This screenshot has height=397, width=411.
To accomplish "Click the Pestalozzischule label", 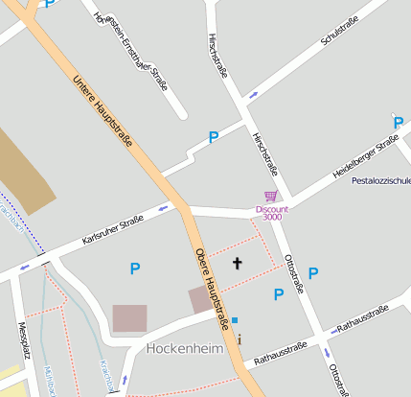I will click(x=381, y=180).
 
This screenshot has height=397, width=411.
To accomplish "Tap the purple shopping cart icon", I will click(x=272, y=197).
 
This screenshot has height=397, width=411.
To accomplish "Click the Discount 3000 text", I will click(x=272, y=213).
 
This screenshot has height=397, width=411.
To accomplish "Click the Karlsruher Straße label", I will click(x=113, y=228).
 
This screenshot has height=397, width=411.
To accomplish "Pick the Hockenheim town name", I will click(x=185, y=349).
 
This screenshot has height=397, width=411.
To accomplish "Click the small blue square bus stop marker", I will click(x=235, y=319).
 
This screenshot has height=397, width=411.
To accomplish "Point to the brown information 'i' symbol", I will click(x=240, y=339).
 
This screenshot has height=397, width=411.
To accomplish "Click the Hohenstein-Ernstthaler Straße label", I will click(x=132, y=53).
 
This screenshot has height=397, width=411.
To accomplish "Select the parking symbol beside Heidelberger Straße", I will click(x=398, y=122).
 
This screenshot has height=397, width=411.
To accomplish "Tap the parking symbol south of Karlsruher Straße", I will click(x=135, y=270).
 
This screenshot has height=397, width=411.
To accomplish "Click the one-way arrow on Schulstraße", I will click(x=253, y=95).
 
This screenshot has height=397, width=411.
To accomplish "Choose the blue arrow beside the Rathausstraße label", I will click(x=334, y=330).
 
